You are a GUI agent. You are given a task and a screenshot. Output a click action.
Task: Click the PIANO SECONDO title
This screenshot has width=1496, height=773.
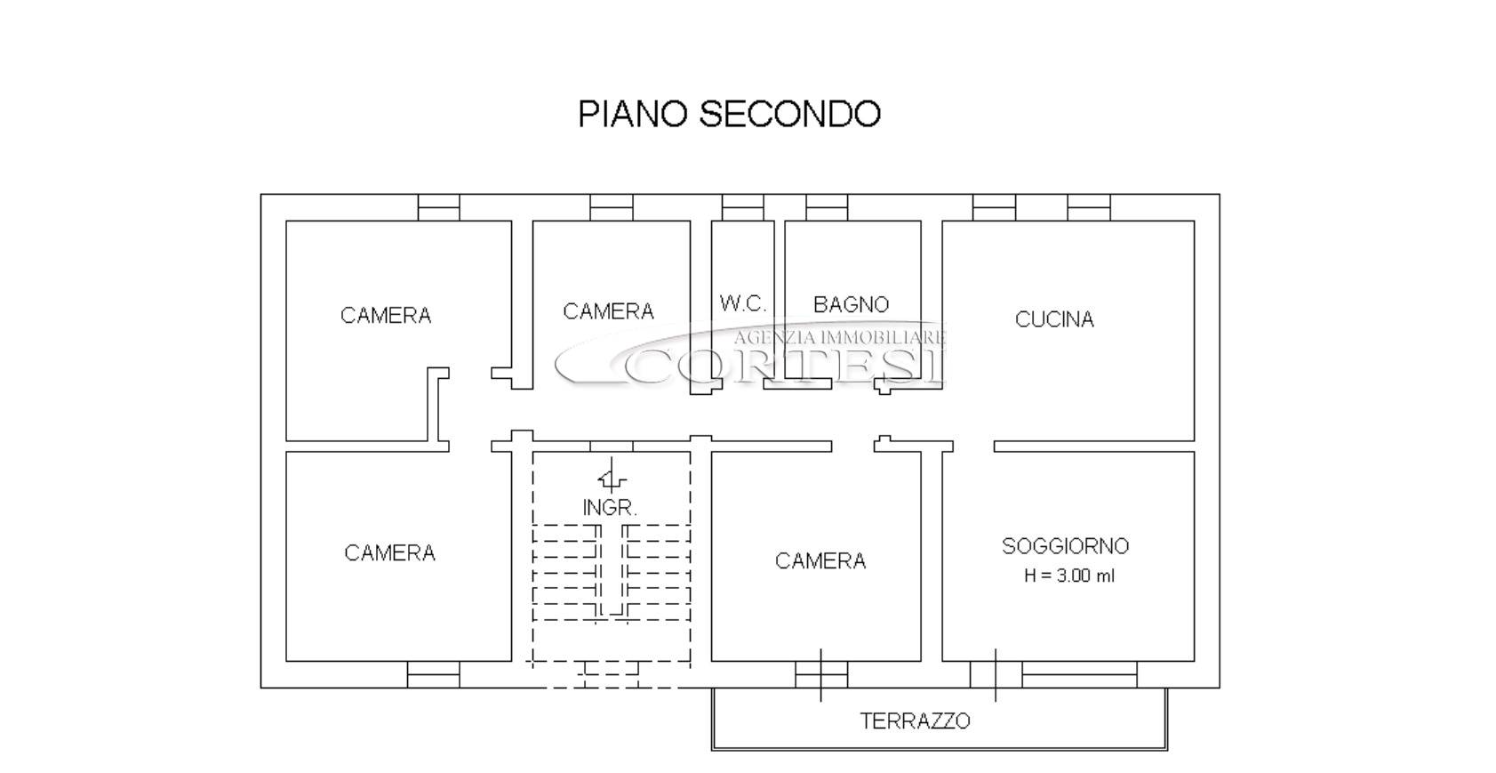(729, 114)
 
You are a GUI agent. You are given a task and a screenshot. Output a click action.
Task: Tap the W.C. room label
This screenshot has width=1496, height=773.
(742, 304)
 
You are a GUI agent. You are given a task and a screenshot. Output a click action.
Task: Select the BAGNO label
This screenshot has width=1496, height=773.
(851, 304)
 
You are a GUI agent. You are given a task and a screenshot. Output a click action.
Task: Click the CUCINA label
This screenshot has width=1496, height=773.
(1054, 319)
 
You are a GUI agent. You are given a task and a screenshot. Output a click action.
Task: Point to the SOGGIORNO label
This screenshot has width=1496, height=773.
(1065, 546)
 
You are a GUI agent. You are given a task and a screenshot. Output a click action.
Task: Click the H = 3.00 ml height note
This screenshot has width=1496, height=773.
(1069, 576)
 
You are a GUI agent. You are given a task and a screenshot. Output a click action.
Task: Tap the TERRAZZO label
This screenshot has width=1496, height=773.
(915, 721)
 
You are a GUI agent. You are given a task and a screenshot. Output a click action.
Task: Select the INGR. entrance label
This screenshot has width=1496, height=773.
(610, 508)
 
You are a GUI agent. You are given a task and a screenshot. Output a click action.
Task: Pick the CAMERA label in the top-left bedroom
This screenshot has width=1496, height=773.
(386, 316)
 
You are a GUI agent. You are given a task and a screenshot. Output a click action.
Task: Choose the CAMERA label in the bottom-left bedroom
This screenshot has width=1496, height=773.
(390, 553)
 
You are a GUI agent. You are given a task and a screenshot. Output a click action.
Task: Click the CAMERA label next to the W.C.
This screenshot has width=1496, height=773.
(608, 311)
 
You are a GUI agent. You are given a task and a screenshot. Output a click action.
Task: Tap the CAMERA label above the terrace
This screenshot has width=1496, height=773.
(820, 560)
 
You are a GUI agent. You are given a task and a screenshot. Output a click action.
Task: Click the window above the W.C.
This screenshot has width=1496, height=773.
(742, 207)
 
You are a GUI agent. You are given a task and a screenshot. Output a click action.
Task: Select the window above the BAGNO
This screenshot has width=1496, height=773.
(827, 207)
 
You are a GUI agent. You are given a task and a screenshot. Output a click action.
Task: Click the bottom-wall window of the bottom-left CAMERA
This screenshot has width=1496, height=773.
(434, 675)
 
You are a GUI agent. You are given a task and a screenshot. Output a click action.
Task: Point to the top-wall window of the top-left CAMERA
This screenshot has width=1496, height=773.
(439, 207)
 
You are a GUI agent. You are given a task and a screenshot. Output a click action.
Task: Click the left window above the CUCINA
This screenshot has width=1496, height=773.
(994, 207)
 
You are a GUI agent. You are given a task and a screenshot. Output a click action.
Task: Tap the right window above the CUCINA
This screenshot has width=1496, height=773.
(1089, 207)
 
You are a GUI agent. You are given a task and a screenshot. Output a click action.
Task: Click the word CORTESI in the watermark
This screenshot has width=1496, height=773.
(785, 366)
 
